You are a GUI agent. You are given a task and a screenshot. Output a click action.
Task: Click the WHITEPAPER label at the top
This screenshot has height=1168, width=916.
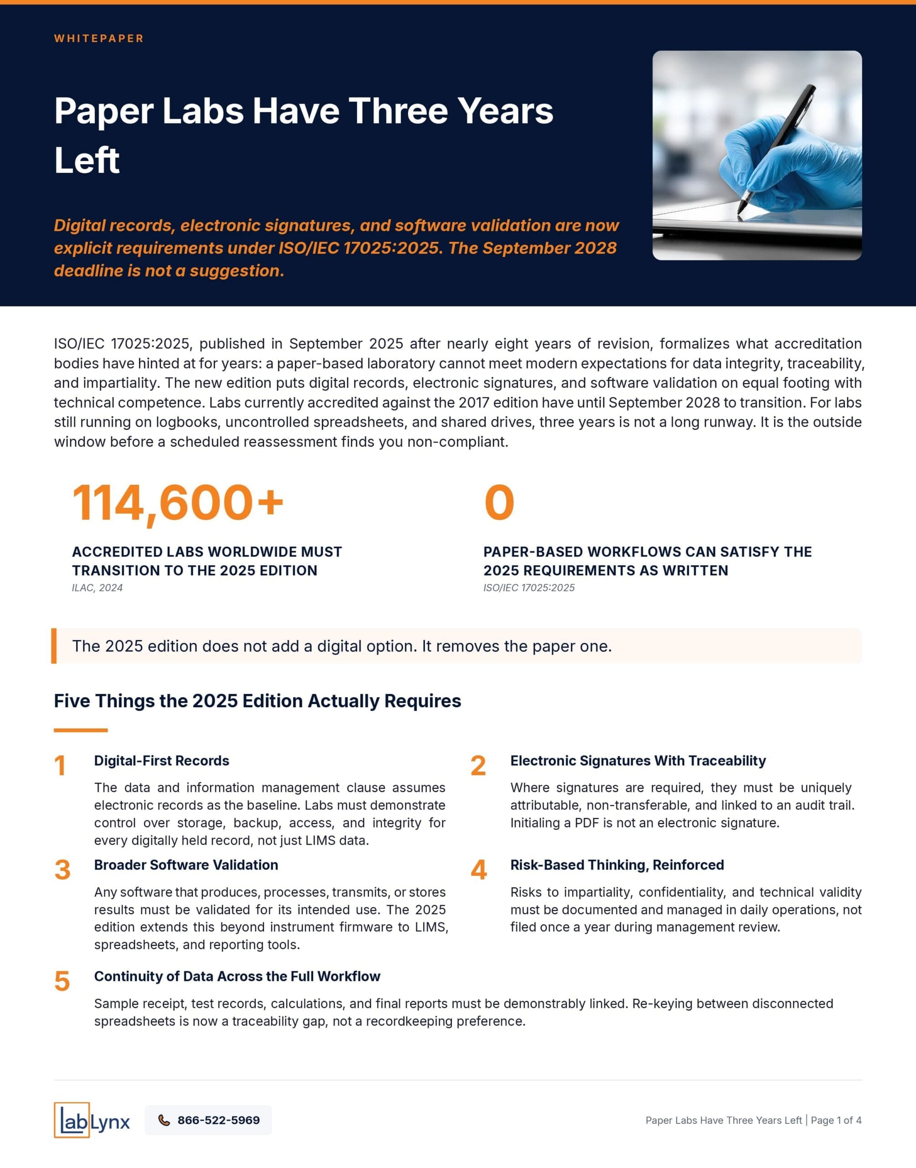tap(98, 39)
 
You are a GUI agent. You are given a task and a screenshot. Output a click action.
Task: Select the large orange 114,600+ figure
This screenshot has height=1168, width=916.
tap(177, 503)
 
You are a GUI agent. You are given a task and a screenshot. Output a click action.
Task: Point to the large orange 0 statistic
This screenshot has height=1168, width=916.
tap(499, 503)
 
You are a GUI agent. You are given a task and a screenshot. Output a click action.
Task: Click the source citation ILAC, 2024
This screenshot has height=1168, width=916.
tap(97, 588)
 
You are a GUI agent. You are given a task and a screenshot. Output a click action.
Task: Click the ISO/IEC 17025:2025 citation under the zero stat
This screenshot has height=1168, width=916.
tap(528, 588)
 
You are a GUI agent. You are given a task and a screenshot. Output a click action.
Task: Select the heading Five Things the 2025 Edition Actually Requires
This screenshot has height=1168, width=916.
tap(258, 701)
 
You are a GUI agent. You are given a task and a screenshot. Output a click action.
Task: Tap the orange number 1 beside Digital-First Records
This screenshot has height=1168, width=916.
tap(60, 766)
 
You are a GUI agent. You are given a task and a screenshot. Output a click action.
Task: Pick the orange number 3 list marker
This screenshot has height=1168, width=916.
tap(62, 870)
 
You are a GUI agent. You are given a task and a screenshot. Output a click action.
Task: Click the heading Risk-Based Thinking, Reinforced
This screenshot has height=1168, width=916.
tap(617, 865)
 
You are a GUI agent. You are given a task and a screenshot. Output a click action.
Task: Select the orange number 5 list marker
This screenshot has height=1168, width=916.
tap(62, 981)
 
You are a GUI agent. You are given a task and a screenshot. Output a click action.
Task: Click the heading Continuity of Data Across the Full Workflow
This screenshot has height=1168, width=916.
tap(237, 976)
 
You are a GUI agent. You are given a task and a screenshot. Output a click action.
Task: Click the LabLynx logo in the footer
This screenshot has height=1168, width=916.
tap(92, 1120)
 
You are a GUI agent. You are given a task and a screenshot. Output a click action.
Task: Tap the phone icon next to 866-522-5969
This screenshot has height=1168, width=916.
tap(164, 1120)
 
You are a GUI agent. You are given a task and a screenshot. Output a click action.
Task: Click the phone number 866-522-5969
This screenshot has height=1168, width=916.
tap(218, 1120)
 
